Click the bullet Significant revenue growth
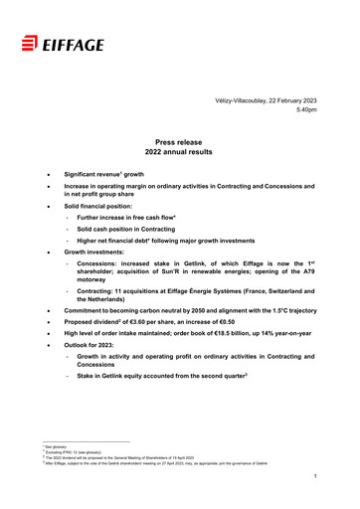tap(113, 173)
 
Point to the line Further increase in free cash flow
tap(134, 214)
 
